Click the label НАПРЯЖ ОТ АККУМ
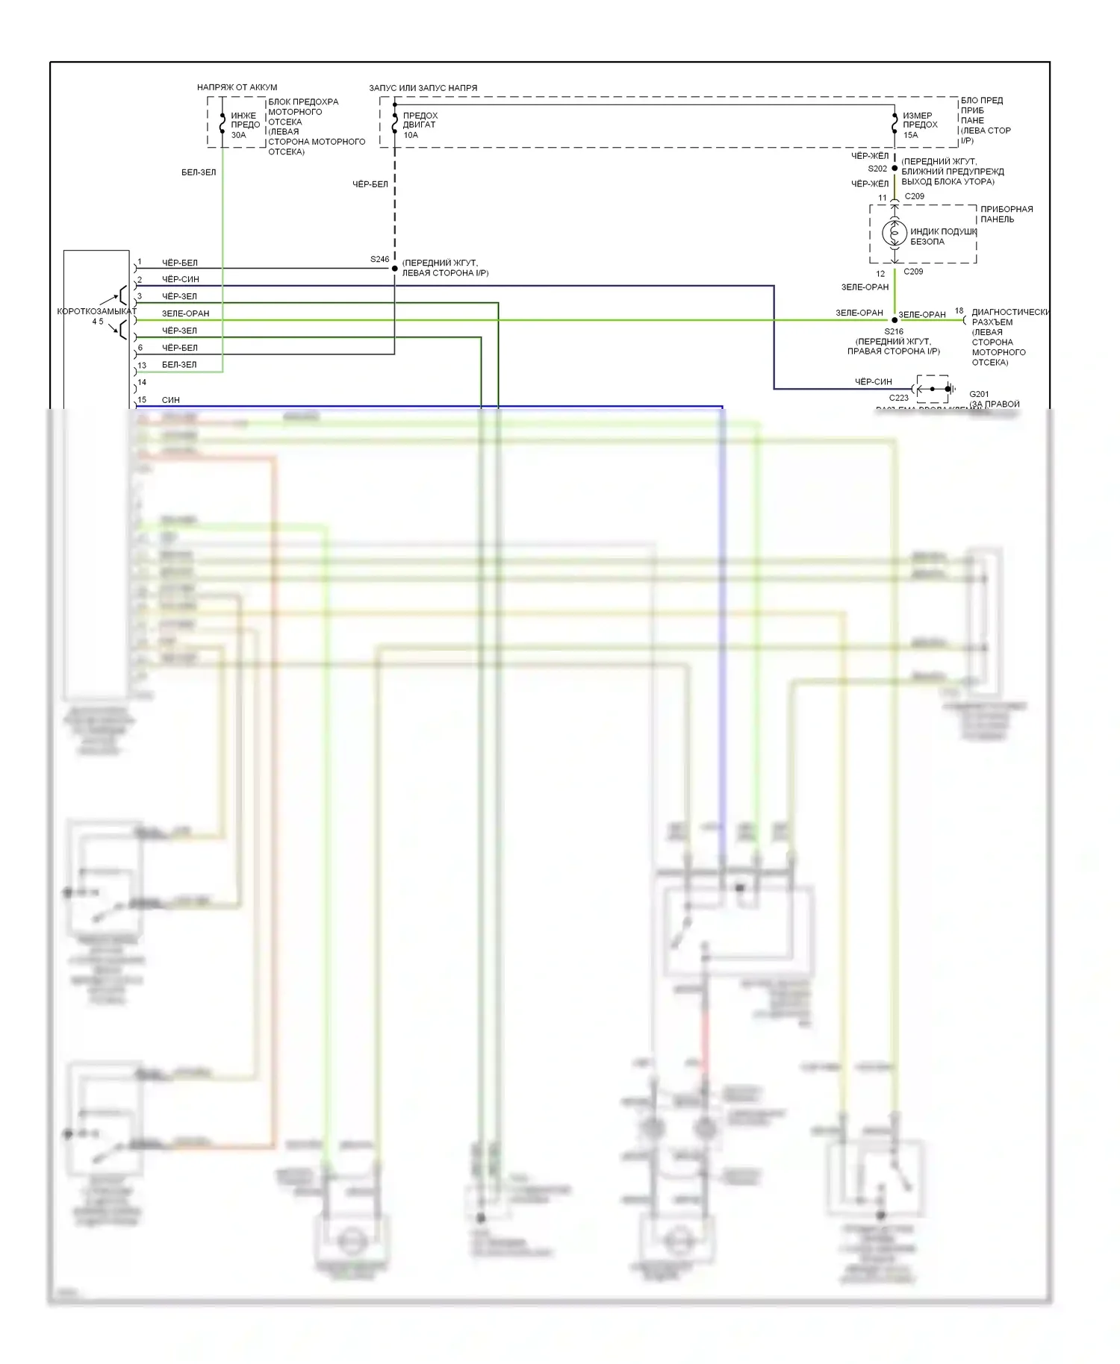tap(237, 87)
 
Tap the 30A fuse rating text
tap(238, 135)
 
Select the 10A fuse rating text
tap(411, 135)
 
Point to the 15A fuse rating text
tap(910, 135)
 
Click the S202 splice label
tap(877, 169)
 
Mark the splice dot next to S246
tap(395, 269)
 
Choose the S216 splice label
tap(894, 331)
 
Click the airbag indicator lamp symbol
tap(895, 234)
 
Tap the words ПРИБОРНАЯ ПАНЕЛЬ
tap(1007, 214)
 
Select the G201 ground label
tap(979, 394)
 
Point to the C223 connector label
tap(899, 398)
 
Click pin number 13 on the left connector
tap(142, 366)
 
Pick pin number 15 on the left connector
tap(142, 400)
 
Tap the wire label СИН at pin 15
tap(171, 400)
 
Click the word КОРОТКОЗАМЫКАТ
tap(97, 311)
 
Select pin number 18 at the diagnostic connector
tap(959, 310)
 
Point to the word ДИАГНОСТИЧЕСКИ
tap(1010, 312)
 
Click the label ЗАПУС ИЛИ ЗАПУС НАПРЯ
tap(423, 88)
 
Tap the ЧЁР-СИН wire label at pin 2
tap(181, 279)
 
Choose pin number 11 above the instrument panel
tap(882, 198)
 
